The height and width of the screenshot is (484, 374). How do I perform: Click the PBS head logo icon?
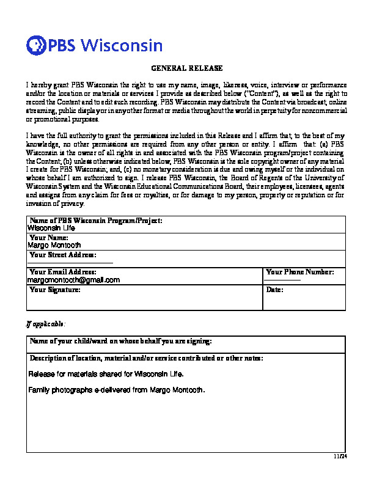(x=36, y=45)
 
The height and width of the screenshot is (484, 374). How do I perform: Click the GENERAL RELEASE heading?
(x=187, y=68)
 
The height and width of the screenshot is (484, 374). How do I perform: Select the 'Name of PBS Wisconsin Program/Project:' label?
(x=96, y=220)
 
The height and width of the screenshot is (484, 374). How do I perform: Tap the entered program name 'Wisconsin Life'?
(x=51, y=227)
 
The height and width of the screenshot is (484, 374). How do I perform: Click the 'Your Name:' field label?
(x=48, y=237)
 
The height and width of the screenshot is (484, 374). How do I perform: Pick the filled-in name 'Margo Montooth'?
(x=54, y=245)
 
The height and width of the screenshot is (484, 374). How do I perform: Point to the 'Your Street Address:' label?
(x=62, y=254)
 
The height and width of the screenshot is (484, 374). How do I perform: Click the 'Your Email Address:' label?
(x=62, y=272)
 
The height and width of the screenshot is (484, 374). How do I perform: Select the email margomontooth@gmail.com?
(x=73, y=280)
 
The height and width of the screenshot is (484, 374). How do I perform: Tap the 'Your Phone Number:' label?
(x=300, y=272)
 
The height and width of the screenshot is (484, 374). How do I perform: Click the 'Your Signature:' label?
(x=54, y=290)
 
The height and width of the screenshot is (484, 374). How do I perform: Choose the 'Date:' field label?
(x=274, y=290)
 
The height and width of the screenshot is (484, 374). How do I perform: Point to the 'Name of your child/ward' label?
(x=120, y=340)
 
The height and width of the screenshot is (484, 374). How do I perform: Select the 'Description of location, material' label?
(x=146, y=358)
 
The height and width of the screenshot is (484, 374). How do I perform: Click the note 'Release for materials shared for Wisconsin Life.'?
(x=105, y=373)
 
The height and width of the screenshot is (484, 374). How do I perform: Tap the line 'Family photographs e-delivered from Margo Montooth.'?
(x=117, y=390)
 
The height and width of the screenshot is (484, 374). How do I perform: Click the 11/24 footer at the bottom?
(x=340, y=456)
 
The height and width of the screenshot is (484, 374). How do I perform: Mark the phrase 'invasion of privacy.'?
(x=56, y=204)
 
